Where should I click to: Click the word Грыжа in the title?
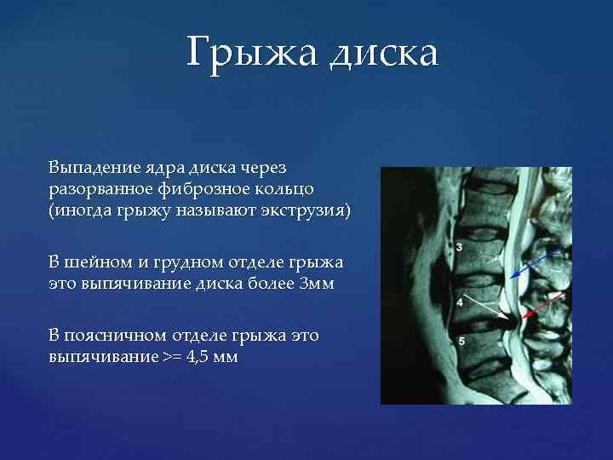tap(252, 54)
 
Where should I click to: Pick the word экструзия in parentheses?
tap(307, 210)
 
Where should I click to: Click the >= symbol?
tap(171, 358)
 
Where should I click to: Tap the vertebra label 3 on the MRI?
tap(460, 247)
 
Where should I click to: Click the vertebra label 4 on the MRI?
tap(460, 302)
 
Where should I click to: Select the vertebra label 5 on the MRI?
tap(461, 341)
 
